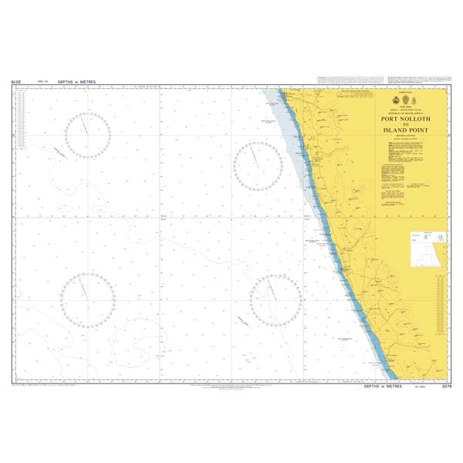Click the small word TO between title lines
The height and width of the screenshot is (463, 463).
pos(405,126)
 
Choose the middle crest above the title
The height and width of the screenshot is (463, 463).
pos(405,100)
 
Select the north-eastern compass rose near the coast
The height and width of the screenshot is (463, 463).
pos(258,165)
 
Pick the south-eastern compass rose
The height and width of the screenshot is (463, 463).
pos(275,301)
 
